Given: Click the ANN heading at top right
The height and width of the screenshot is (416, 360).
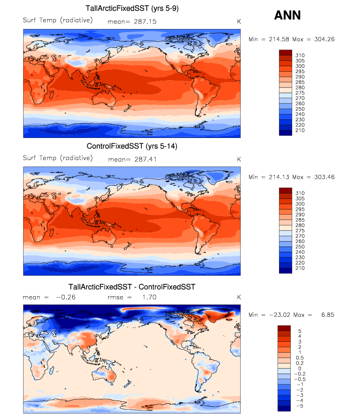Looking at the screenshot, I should [x=287, y=15].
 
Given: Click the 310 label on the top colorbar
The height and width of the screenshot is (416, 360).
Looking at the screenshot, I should [x=300, y=54].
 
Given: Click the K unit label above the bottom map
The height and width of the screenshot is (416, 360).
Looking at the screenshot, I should [x=239, y=297].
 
